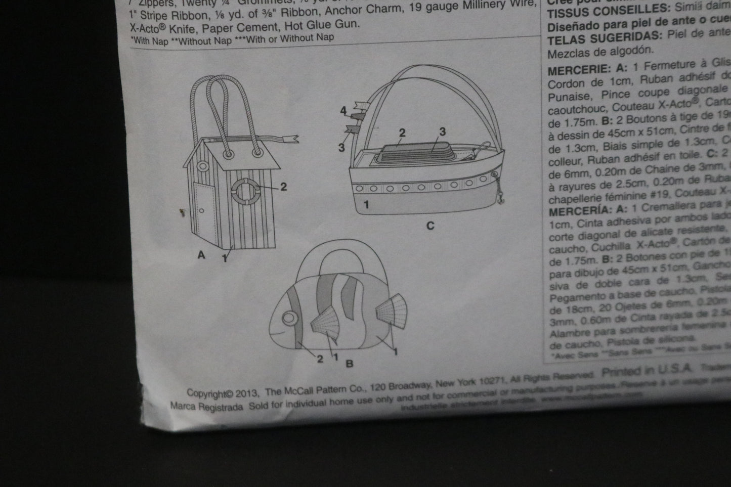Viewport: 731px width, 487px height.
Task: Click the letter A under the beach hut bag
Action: (x=201, y=255)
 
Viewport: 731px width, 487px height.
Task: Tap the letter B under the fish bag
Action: (x=349, y=363)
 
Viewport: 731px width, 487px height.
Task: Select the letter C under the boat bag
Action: (x=430, y=226)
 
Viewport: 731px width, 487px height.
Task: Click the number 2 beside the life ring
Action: (x=283, y=187)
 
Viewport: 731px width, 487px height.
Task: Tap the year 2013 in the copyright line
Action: (x=247, y=392)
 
